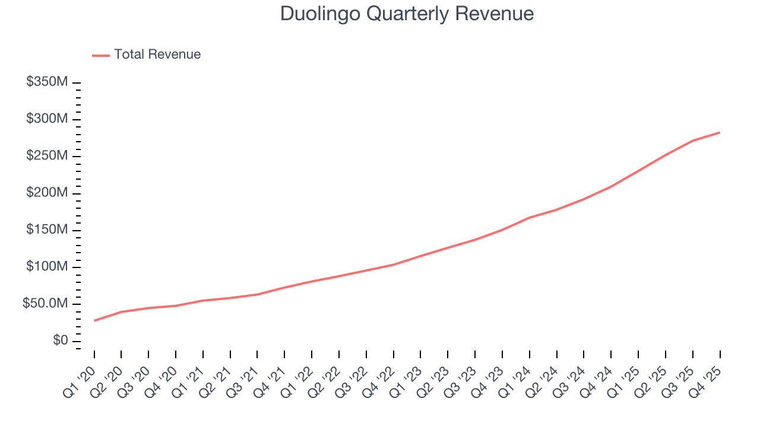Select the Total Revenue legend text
(157, 55)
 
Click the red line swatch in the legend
(101, 55)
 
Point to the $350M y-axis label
(47, 82)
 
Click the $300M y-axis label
(47, 119)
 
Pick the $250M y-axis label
(47, 156)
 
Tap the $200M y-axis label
(47, 193)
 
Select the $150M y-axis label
(47, 230)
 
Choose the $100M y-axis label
(47, 267)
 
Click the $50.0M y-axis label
(45, 304)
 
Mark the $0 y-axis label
(59, 341)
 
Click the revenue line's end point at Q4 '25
(720, 132)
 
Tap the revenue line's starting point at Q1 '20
(94, 321)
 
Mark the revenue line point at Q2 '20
(121, 312)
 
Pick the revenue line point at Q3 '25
(693, 141)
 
